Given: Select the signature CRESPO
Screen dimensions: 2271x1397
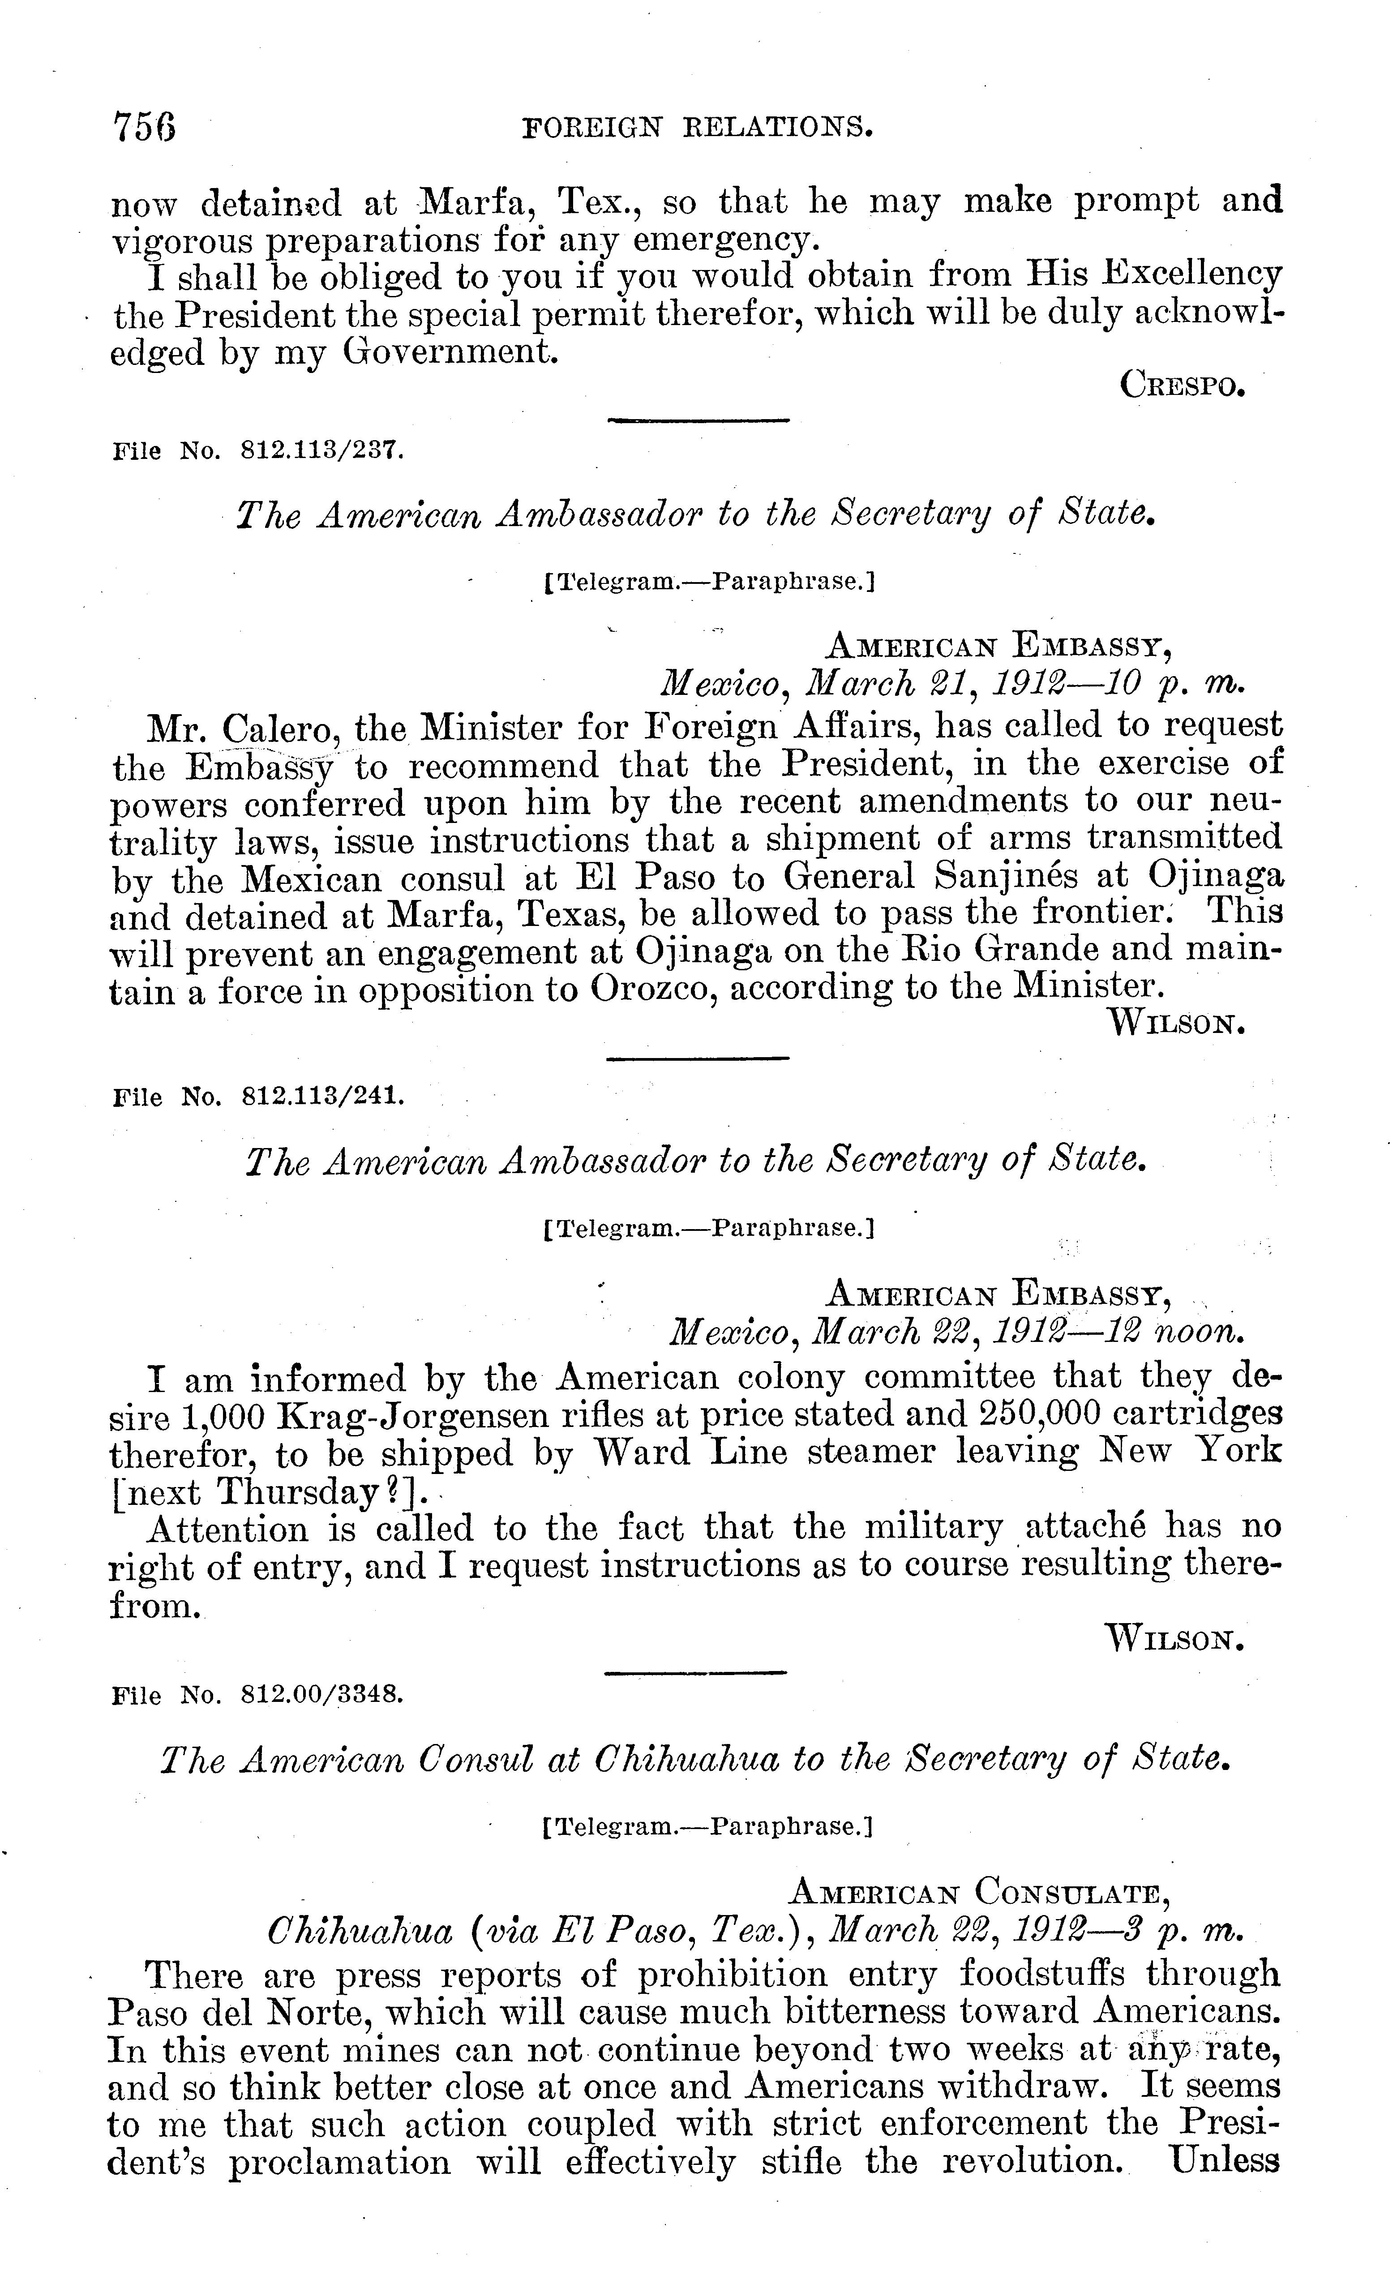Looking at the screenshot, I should [x=1182, y=384].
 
